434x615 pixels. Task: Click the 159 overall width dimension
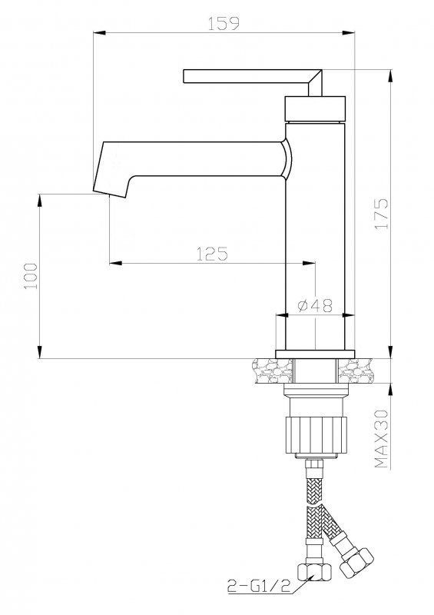pos(224,23)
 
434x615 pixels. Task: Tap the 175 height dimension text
pos(382,214)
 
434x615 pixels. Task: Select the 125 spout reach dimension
pos(212,254)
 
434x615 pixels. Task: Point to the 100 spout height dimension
pos(31,276)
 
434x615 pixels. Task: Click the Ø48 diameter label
pos(315,305)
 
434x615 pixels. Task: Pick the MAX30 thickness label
pos(381,439)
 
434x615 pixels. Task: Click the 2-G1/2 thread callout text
pos(259,587)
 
